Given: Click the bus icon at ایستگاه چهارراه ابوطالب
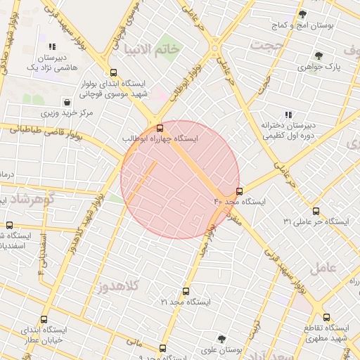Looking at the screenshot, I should (x=160, y=128).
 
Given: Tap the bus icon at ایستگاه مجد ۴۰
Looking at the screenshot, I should (x=240, y=191).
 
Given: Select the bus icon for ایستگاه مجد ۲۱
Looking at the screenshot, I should (x=186, y=291).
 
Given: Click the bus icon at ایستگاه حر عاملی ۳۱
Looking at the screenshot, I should (x=315, y=211).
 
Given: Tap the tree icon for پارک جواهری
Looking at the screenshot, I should (x=319, y=56).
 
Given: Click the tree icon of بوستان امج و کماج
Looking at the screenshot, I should (x=303, y=14).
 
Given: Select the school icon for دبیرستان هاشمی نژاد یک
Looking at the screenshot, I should (x=52, y=46).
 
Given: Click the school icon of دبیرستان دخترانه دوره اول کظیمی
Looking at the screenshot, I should (x=288, y=114).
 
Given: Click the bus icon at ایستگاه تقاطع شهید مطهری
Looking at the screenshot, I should (x=326, y=317).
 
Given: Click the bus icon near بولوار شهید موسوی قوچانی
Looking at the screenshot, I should (x=114, y=72).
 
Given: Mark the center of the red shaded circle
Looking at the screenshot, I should (x=180, y=179).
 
